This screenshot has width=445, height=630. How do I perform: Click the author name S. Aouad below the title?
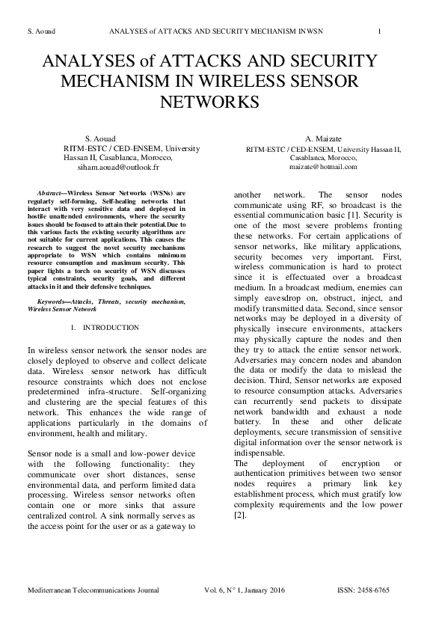tap(99, 140)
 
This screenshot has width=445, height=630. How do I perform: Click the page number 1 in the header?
tap(381, 31)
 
